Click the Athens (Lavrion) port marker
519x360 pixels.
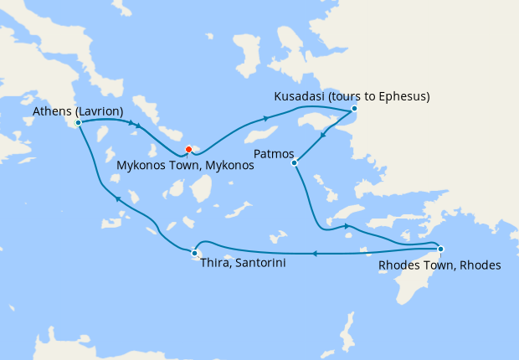[x=78, y=122]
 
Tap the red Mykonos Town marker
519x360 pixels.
[x=188, y=150]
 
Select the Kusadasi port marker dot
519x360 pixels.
[x=354, y=108]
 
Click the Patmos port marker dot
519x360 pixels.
[x=294, y=162]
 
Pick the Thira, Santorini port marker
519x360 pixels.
[x=194, y=253]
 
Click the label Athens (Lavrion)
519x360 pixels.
[x=78, y=111]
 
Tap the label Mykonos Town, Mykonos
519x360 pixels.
[x=184, y=166]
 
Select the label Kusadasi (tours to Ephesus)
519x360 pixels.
[x=352, y=96]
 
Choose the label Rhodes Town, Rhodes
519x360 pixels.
[x=439, y=265]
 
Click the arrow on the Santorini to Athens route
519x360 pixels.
[x=117, y=198]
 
